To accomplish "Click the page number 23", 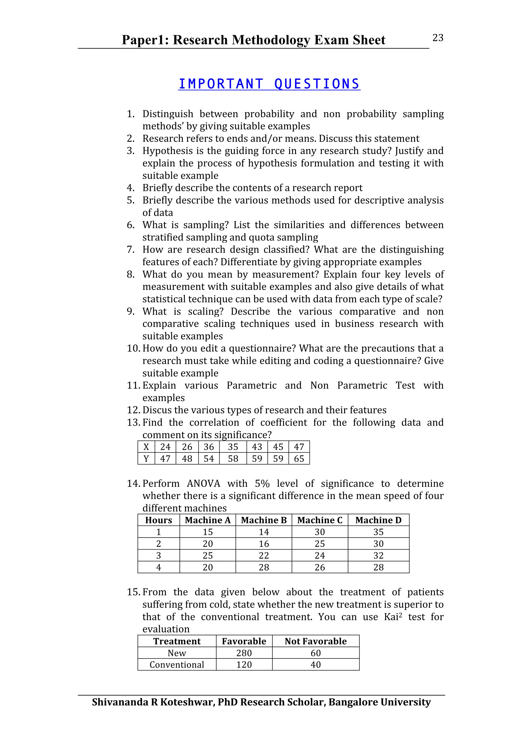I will pyautogui.click(x=438, y=38).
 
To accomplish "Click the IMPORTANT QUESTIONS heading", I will pyautogui.click(x=269, y=84).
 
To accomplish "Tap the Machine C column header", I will pyautogui.click(x=320, y=520).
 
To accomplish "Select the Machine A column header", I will pyautogui.click(x=208, y=520).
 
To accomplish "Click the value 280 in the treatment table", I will pyautogui.click(x=244, y=653).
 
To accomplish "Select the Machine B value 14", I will pyautogui.click(x=264, y=532).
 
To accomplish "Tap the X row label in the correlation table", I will pyautogui.click(x=146, y=447).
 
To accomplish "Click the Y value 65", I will pyautogui.click(x=299, y=459).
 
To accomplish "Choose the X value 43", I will pyautogui.click(x=257, y=447).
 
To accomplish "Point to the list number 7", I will pyautogui.click(x=130, y=249).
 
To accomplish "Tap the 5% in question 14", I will pyautogui.click(x=262, y=483).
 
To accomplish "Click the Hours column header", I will pyautogui.click(x=159, y=520).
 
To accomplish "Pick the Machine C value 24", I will pyautogui.click(x=320, y=556).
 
